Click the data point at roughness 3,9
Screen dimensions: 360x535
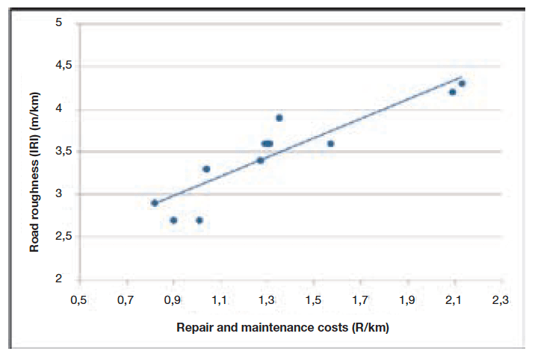point(279,118)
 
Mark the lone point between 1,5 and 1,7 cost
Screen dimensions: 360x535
point(331,143)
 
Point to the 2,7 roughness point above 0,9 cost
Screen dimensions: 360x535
point(173,220)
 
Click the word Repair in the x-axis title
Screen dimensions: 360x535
point(194,328)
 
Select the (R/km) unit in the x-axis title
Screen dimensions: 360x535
point(370,328)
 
